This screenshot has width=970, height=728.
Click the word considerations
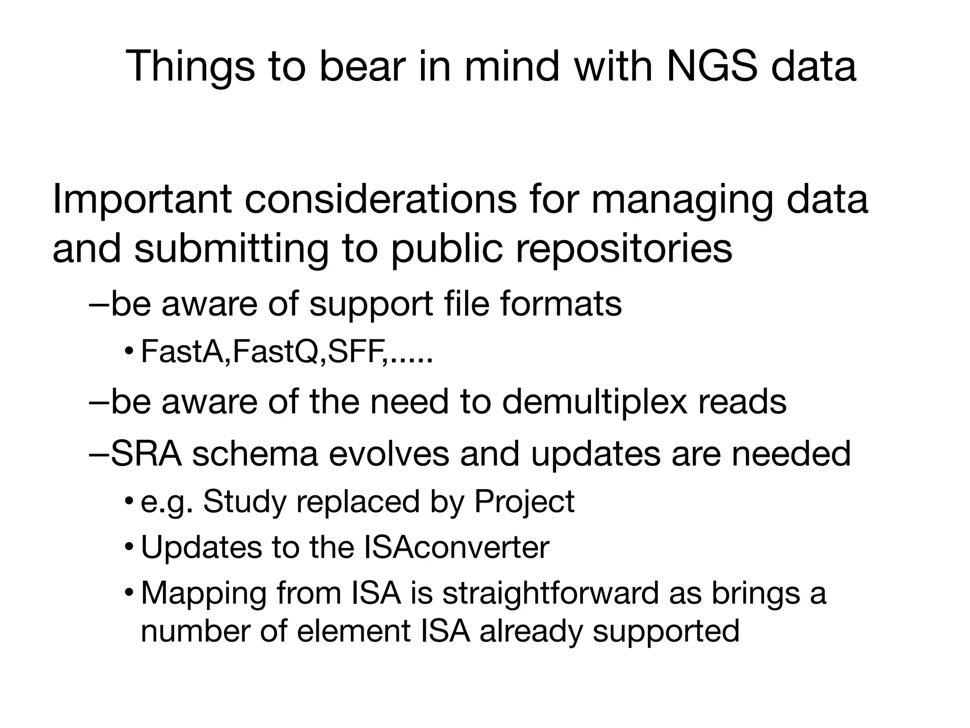[380, 199]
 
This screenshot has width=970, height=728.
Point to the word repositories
[624, 250]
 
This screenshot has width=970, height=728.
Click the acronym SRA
[146, 454]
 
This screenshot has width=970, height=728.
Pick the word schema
[255, 454]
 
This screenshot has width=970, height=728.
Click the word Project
[524, 502]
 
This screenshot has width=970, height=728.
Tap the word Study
[245, 502]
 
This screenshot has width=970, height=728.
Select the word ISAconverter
[457, 548]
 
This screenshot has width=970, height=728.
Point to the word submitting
[231, 250]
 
